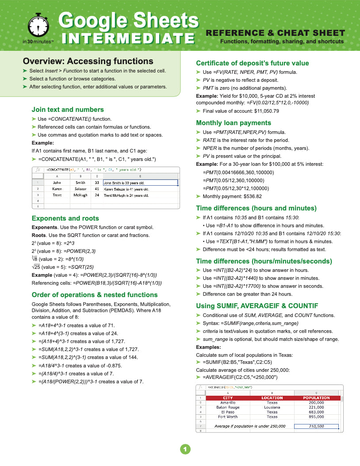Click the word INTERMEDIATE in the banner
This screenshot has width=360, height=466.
point(128,38)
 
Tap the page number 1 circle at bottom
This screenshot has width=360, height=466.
point(185,450)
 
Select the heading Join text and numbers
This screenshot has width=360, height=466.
point(68,110)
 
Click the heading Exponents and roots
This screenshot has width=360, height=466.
point(65,218)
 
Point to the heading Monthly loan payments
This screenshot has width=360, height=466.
point(234,123)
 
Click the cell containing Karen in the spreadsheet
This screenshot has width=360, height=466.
point(57,189)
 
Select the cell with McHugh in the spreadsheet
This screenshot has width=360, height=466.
point(80,195)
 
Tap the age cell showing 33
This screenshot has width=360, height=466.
point(97,182)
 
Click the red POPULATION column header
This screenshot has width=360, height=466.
point(316,398)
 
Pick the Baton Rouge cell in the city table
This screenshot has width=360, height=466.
point(228,407)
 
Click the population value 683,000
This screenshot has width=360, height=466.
point(316,412)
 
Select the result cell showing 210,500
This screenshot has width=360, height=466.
point(316,427)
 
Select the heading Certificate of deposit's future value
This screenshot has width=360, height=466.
point(252,63)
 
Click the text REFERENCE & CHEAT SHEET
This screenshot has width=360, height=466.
point(275,33)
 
